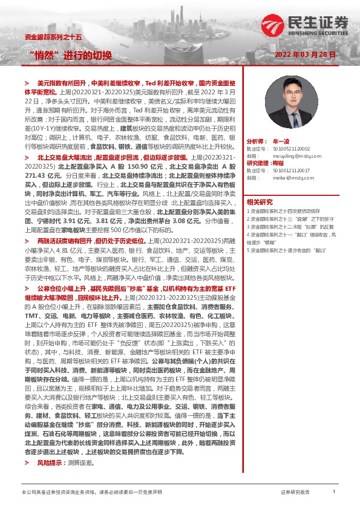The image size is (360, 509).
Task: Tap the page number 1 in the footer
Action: (334, 492)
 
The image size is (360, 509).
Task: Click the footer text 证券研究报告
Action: (295, 493)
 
